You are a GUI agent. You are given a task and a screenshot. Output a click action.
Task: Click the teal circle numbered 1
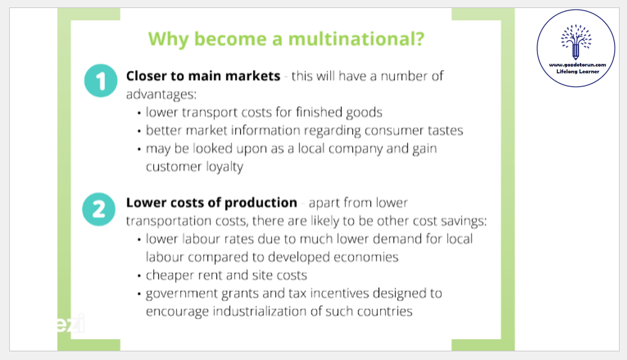point(101,80)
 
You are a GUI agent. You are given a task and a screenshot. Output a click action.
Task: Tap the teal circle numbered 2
point(99,209)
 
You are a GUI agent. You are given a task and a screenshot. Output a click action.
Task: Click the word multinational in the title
point(356,39)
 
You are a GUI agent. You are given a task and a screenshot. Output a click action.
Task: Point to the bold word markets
point(253,76)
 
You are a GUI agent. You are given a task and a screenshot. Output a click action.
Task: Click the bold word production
point(260,203)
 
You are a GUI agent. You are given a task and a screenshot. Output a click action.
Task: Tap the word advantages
point(161,94)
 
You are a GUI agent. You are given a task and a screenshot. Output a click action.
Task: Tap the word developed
point(296,257)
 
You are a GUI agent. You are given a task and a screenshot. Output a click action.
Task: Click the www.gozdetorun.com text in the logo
point(578,65)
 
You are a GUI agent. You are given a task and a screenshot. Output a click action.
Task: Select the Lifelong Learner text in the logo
point(578,72)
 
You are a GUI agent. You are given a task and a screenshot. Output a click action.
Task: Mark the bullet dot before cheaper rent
point(139,276)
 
